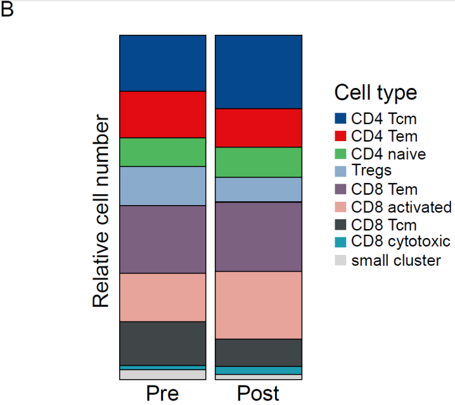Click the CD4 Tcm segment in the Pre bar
point(162,63)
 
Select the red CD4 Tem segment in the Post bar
point(258,128)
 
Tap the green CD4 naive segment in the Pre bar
point(162,152)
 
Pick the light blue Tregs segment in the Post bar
point(258,190)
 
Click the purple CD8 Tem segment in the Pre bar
point(162,239)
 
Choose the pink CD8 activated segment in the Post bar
point(258,305)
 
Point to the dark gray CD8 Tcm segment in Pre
point(162,344)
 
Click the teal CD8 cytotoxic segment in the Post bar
point(258,371)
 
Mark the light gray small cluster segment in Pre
point(162,375)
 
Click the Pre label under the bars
point(162,393)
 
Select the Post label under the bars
point(258,393)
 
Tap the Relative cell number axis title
point(101,211)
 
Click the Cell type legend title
point(376,93)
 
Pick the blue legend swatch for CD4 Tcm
point(340,118)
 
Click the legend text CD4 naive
point(388,154)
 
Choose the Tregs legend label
point(372,171)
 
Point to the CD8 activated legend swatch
point(340,207)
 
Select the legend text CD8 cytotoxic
point(401,242)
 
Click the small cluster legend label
point(396,260)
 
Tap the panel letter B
point(7,9)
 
